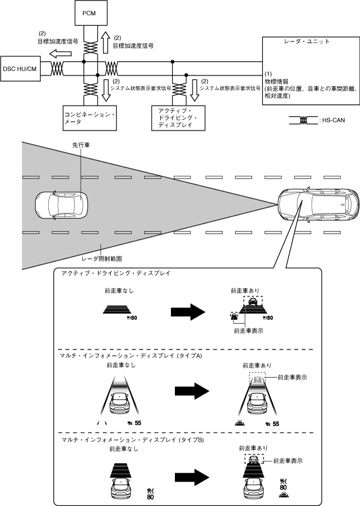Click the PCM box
[90, 12]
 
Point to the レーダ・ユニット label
[307, 43]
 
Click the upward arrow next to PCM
[106, 41]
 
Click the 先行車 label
[80, 145]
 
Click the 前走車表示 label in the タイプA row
[292, 377]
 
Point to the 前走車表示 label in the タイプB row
[287, 461]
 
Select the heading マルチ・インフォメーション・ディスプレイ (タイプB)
[132, 440]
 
